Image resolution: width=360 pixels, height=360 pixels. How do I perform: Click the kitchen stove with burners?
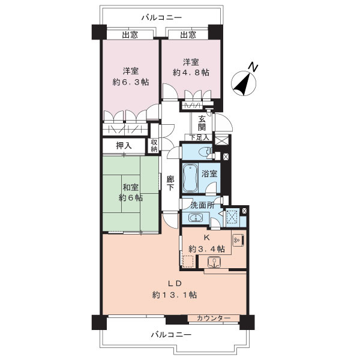tap(237, 239)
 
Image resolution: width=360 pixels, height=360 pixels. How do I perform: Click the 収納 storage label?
tap(154, 145)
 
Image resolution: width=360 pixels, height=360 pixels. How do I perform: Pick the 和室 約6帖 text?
tap(130, 192)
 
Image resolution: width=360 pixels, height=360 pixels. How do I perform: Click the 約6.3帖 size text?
tap(130, 83)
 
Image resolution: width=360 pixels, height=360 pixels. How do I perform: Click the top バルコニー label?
tap(159, 17)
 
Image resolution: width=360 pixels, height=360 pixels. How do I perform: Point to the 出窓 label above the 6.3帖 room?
tap(130, 35)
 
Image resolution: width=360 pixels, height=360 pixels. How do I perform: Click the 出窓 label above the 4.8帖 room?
tap(188, 35)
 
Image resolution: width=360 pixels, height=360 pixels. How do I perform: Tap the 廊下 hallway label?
tap(170, 183)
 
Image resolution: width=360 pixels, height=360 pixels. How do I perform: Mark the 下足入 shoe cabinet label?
tap(200, 137)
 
